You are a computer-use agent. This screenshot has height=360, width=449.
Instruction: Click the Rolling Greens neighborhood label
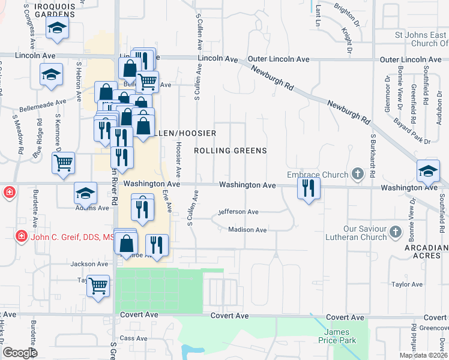point(231,151)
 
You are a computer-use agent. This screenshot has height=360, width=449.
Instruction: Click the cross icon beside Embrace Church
point(358,175)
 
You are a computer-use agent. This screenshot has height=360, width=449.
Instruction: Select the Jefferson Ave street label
point(238,212)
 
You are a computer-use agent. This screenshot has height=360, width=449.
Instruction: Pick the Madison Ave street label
point(247,230)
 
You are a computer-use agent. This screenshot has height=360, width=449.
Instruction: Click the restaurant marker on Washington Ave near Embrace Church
point(309,188)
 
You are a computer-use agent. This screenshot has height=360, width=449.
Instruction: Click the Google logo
point(20,353)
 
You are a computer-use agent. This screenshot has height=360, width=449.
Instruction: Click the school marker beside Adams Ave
point(86,193)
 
